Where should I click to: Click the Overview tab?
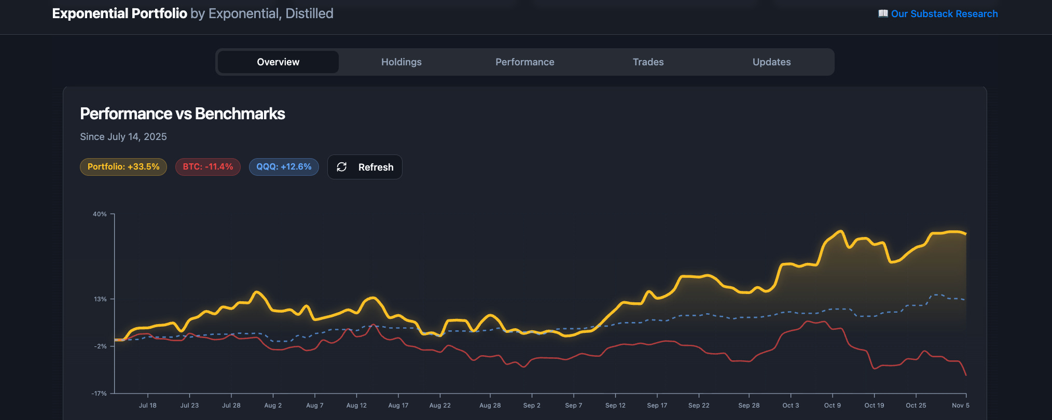(278, 62)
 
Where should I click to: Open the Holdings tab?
(402, 62)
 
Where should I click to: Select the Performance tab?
(524, 62)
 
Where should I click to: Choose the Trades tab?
(648, 62)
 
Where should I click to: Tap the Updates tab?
(771, 62)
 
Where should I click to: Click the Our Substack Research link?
(944, 14)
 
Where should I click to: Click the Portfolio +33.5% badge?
(123, 167)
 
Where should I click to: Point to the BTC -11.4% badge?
(208, 167)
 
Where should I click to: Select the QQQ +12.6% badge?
(284, 167)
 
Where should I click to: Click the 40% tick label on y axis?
(100, 214)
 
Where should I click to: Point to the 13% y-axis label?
(100, 299)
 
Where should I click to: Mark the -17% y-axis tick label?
(99, 394)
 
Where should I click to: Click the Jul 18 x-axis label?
(147, 405)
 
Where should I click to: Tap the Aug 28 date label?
(490, 405)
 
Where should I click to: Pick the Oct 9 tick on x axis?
(832, 405)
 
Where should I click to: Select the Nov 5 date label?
(960, 405)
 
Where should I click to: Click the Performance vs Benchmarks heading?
(183, 114)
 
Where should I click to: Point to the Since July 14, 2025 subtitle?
(123, 137)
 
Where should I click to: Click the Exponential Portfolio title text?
(120, 13)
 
